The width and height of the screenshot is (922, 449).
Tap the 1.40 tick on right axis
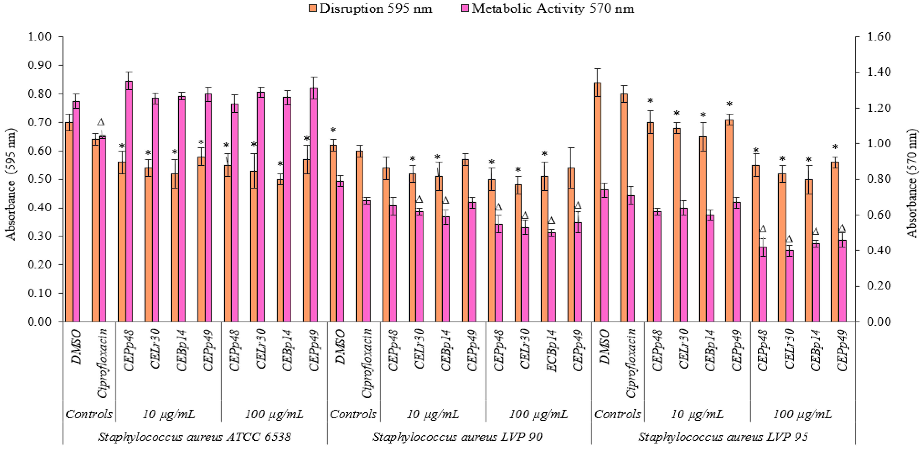click(x=879, y=72)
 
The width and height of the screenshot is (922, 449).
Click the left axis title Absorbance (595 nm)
click(x=11, y=184)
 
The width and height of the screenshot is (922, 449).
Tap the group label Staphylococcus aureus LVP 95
click(x=723, y=437)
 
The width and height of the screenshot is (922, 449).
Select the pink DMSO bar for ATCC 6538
click(x=76, y=211)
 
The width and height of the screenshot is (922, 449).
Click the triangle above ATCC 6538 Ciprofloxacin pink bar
click(x=101, y=122)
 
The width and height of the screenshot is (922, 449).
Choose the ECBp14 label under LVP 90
click(x=552, y=351)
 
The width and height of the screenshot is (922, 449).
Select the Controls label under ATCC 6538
click(x=89, y=414)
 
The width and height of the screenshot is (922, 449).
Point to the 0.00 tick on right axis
click(x=879, y=322)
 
